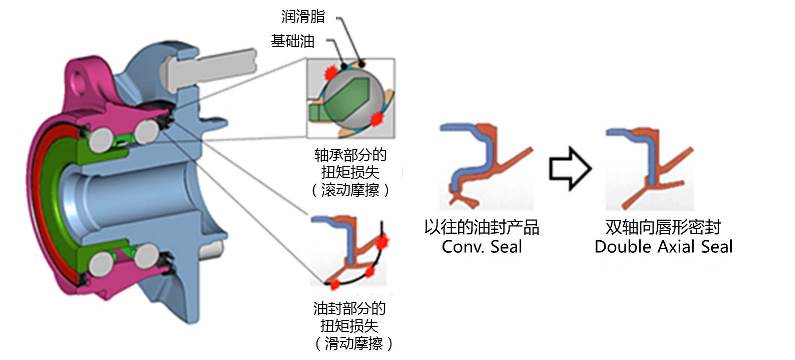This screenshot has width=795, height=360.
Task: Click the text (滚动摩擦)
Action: click(351, 189)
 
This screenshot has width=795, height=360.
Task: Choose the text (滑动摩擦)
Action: click(350, 343)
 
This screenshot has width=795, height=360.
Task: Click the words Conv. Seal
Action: click(481, 246)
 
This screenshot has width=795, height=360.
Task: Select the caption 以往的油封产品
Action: click(481, 227)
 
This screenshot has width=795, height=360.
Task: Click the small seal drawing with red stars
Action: click(348, 255)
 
